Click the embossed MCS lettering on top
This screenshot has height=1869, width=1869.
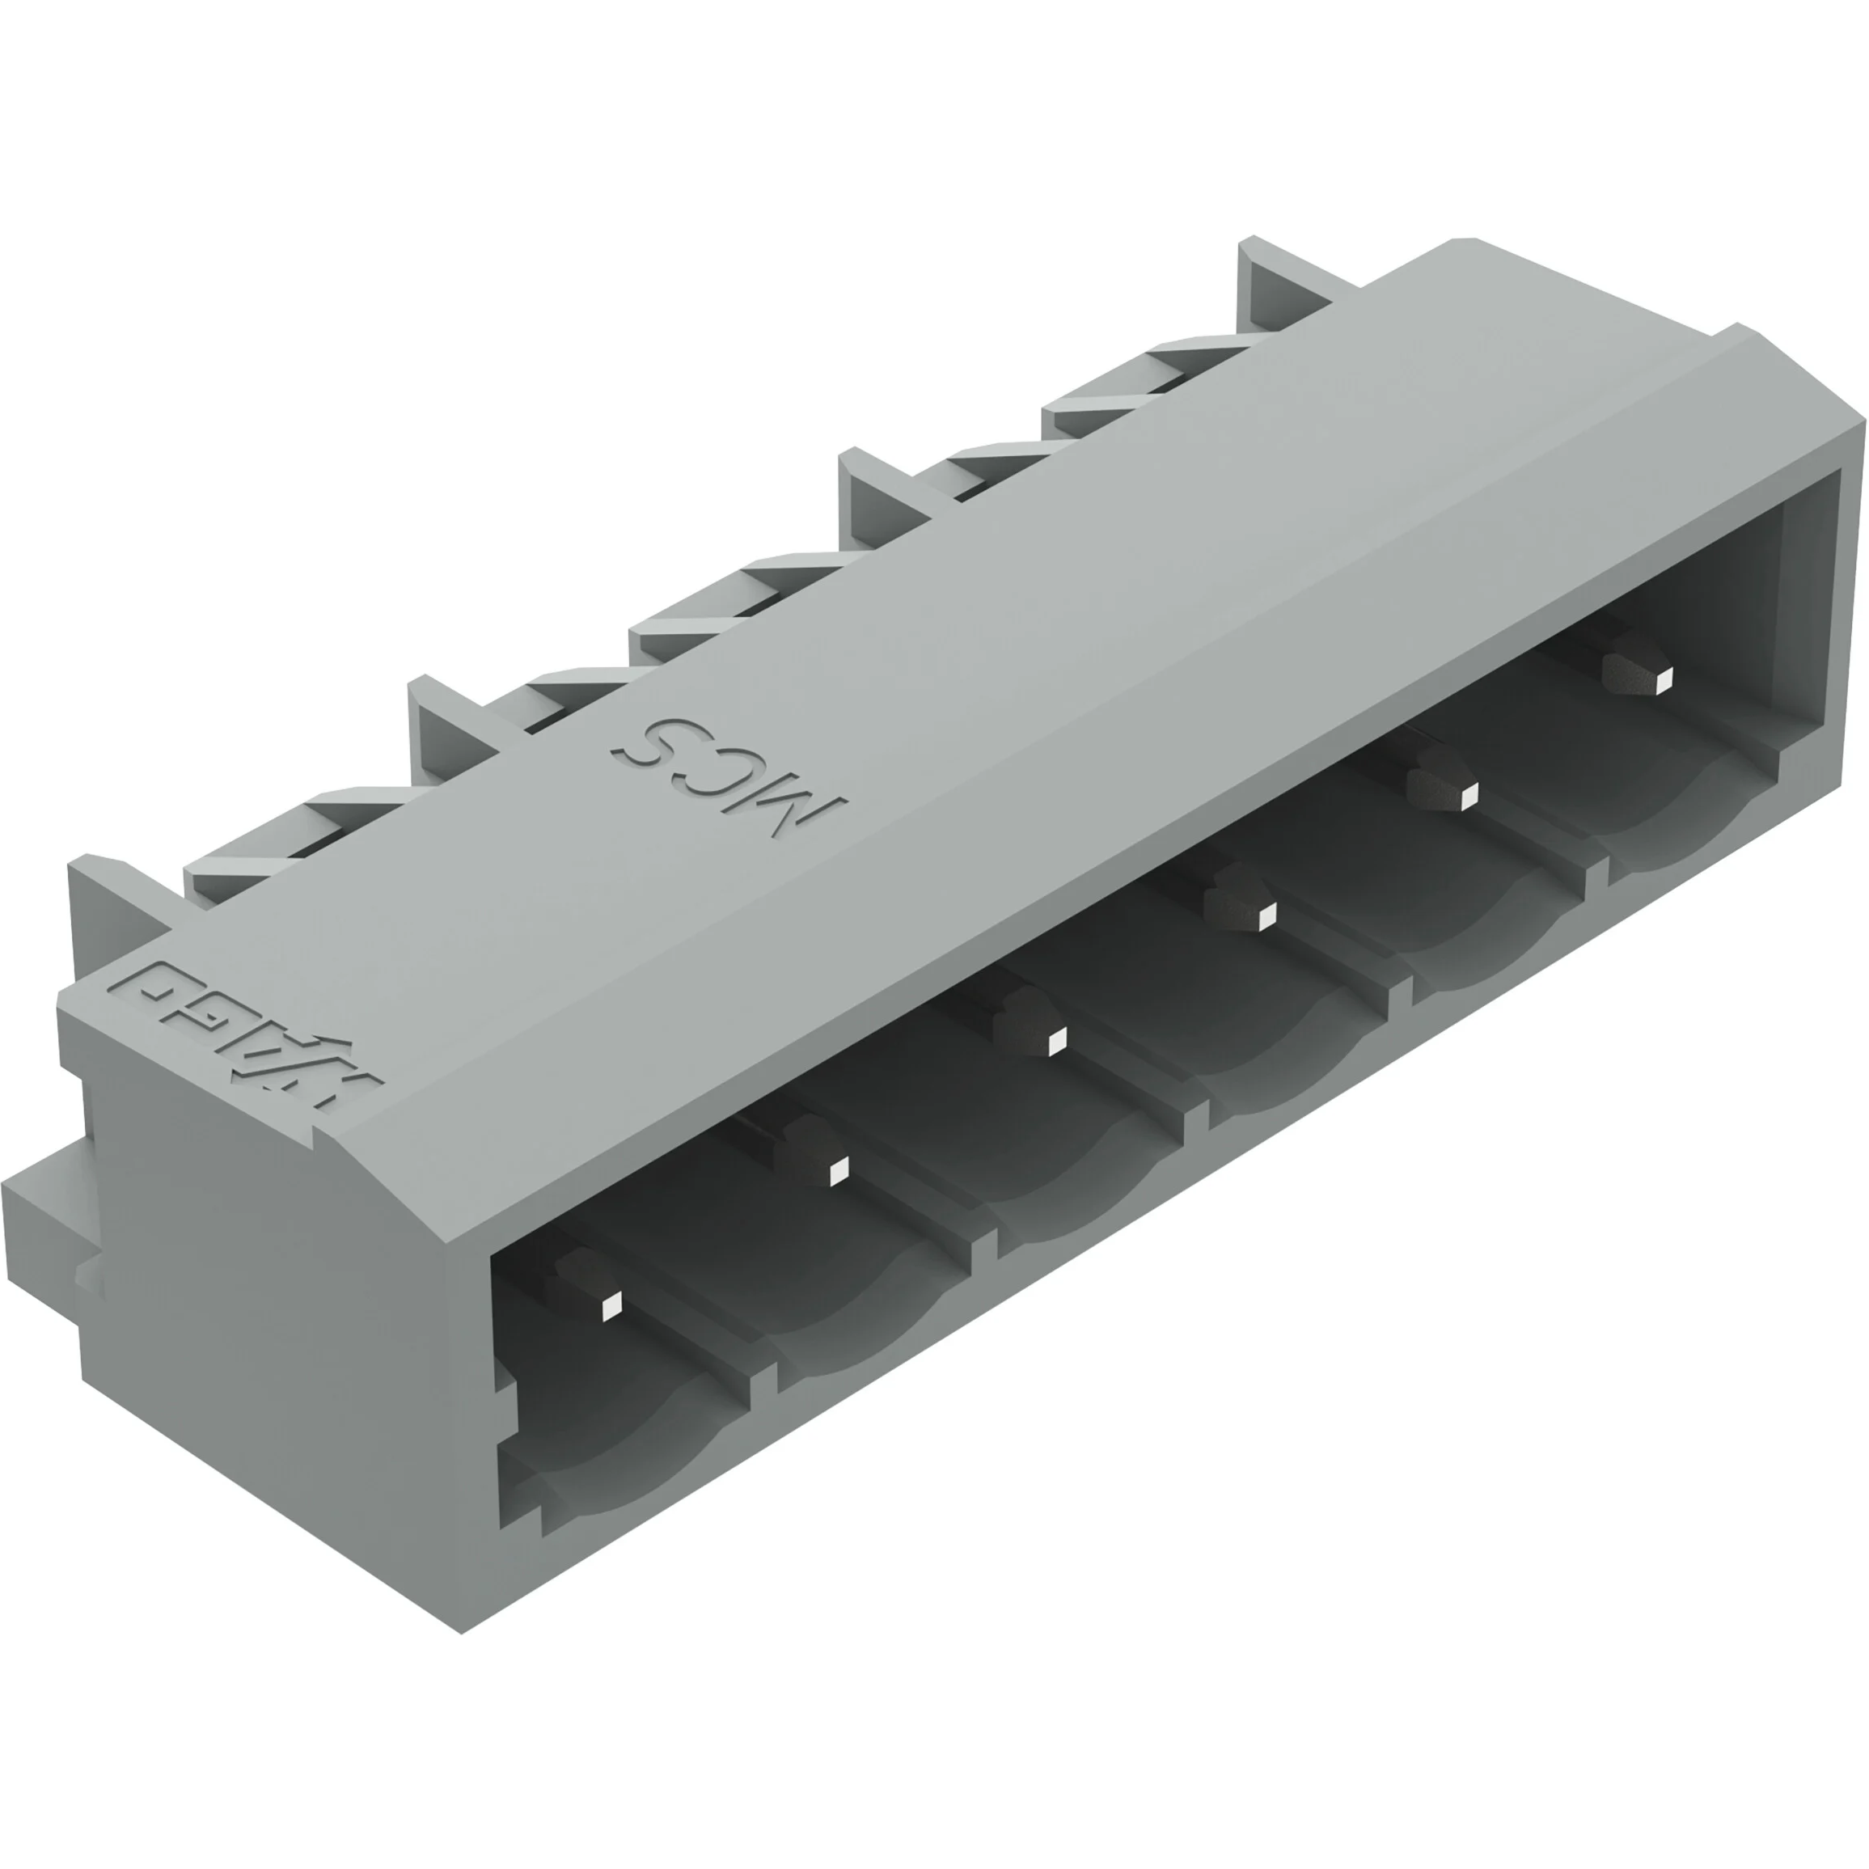tap(728, 777)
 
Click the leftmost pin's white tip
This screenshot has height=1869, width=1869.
tap(611, 1309)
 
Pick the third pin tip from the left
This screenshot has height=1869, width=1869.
tap(1056, 1041)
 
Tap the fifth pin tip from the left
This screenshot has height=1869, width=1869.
tap(1469, 796)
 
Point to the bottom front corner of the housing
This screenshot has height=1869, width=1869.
tap(463, 1633)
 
